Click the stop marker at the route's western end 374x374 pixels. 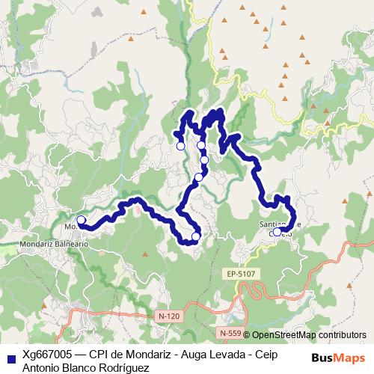81,221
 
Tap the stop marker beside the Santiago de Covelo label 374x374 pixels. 277,232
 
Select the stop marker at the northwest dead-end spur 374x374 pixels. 180,146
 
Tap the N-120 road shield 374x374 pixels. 170,316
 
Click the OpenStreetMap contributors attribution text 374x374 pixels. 309,335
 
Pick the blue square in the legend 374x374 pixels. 10,358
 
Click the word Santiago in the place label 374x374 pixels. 272,223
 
